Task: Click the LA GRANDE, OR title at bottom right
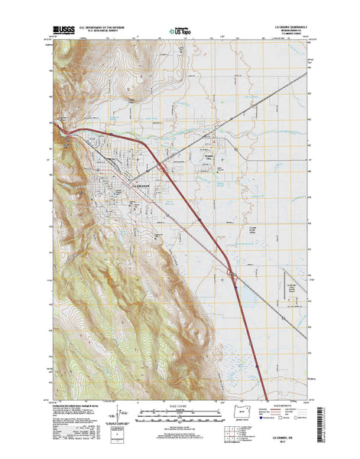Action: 287,444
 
